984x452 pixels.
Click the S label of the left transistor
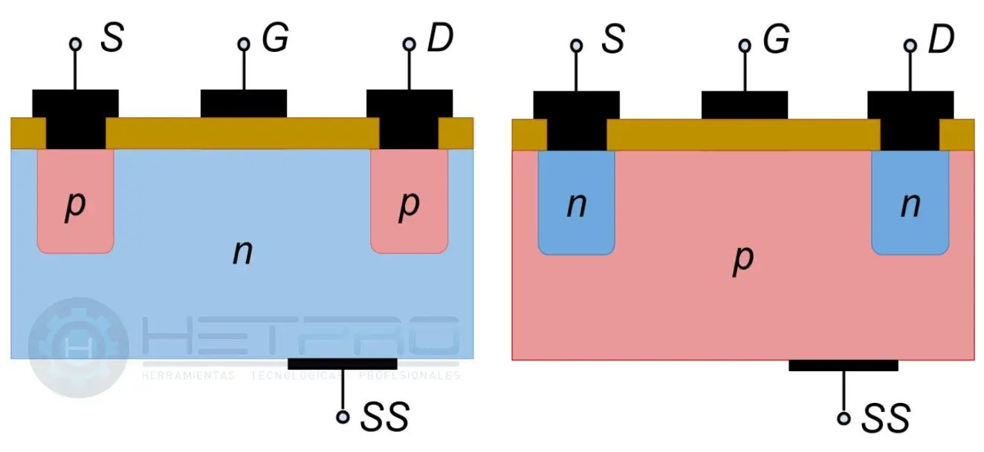tap(111, 39)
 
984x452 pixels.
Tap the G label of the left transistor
tap(274, 39)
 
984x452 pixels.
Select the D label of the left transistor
tap(439, 39)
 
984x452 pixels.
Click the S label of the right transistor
tap(612, 39)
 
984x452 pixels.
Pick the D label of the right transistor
tap(941, 39)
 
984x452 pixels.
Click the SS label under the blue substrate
tap(384, 418)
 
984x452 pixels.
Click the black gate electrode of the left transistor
tap(244, 104)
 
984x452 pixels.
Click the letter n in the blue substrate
tap(242, 253)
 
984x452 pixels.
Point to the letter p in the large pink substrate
tap(742, 258)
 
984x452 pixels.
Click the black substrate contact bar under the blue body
tap(342, 364)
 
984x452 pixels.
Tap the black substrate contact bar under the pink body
tap(843, 365)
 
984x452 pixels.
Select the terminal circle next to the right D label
tap(910, 45)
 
